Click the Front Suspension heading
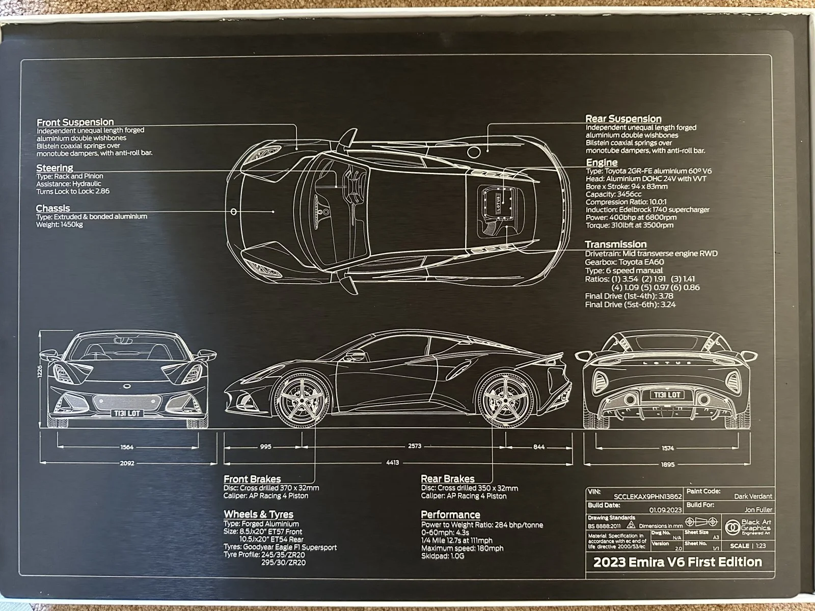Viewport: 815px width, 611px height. (x=75, y=122)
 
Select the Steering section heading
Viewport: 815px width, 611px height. (x=55, y=168)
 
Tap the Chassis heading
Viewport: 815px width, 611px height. (x=53, y=208)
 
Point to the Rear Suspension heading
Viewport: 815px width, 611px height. (x=623, y=119)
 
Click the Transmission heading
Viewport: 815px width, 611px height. (x=615, y=244)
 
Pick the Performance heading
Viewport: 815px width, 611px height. (x=450, y=515)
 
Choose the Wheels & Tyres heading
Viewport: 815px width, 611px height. (x=258, y=514)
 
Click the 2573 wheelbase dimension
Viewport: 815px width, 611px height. (x=415, y=446)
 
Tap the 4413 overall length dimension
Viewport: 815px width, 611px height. (x=392, y=463)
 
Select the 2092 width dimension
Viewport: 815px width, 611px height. (x=127, y=463)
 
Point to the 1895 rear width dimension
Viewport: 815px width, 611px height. (x=667, y=464)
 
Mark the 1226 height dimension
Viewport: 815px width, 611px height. (x=40, y=373)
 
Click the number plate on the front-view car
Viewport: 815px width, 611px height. (x=127, y=413)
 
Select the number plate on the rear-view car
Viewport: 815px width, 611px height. (x=667, y=395)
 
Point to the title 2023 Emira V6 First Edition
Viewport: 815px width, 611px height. (x=677, y=562)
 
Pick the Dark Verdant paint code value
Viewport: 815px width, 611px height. (x=753, y=496)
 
